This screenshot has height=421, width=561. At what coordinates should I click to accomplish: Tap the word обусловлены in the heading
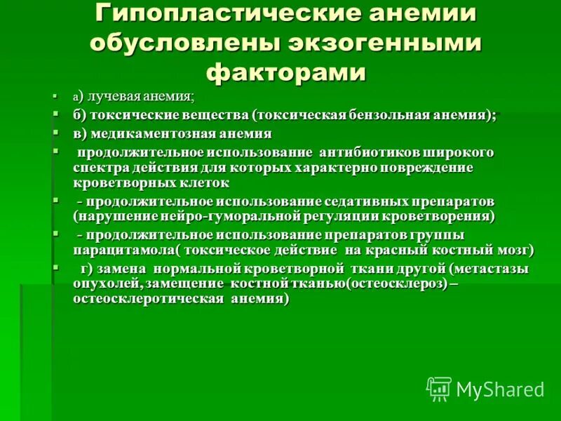(x=181, y=42)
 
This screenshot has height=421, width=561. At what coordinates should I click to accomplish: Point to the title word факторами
(x=286, y=72)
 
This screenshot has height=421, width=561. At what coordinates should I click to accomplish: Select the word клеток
(x=205, y=183)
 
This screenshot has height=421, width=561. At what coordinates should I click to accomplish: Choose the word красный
(x=403, y=249)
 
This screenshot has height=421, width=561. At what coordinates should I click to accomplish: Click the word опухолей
(x=102, y=283)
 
